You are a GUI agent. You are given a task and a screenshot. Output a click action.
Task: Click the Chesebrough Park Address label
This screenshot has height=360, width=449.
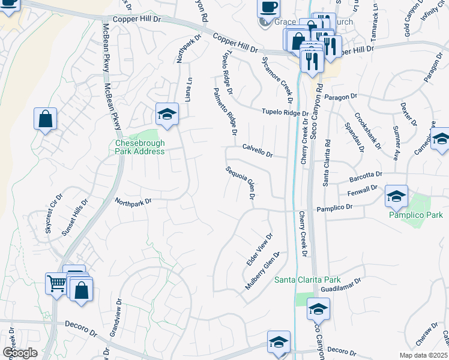(x=140, y=147)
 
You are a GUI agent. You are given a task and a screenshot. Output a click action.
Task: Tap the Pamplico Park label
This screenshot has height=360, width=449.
(x=416, y=215)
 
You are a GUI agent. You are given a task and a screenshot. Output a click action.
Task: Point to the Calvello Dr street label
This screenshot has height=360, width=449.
(x=258, y=151)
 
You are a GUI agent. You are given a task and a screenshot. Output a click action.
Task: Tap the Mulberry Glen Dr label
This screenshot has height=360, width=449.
(x=263, y=271)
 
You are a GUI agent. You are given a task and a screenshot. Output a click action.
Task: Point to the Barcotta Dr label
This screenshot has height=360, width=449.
(x=366, y=175)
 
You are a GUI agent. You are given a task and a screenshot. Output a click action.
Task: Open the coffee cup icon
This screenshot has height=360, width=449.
(x=268, y=7)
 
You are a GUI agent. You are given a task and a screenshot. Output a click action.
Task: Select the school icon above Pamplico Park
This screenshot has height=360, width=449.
(x=396, y=195)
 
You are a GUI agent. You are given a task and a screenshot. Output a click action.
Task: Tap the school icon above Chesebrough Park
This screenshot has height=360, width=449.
(x=167, y=114)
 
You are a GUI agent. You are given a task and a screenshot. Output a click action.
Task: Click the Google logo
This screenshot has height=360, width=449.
(x=20, y=352)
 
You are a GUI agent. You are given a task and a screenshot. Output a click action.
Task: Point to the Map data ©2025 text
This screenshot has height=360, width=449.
(x=424, y=355)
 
